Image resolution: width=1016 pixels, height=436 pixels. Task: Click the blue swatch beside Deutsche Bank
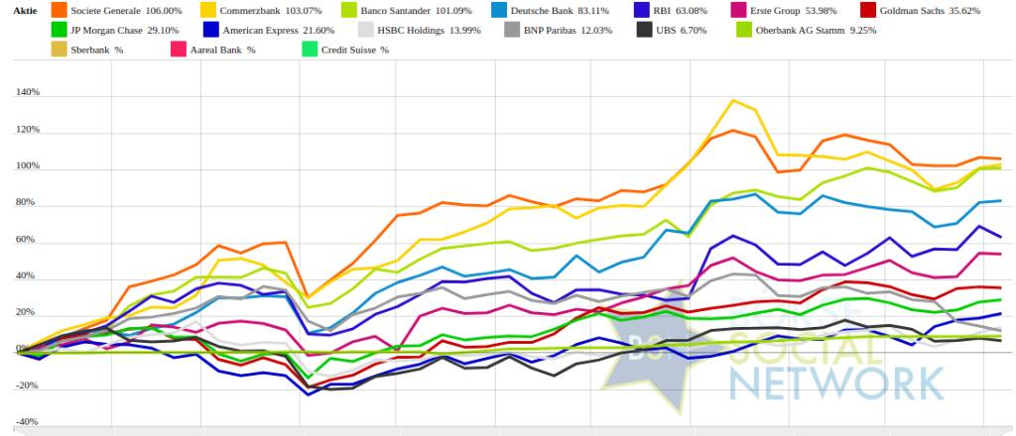(503, 11)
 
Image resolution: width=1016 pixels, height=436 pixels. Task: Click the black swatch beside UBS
(644, 30)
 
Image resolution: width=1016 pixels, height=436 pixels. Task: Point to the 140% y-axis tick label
(27, 93)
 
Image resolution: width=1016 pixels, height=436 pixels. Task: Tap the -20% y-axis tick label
(27, 385)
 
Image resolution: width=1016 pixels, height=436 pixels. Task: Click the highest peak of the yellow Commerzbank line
(733, 100)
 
